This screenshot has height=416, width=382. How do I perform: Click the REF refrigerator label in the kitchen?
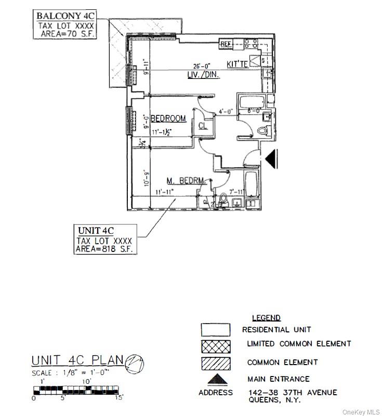(x=226, y=44)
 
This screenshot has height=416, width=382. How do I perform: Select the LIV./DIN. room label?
(x=203, y=75)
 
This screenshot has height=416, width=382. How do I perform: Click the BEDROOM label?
(x=168, y=118)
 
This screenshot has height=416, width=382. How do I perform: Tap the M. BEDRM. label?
(x=187, y=181)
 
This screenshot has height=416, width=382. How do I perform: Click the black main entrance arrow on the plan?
(x=272, y=158)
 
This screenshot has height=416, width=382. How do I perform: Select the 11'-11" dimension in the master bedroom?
(x=164, y=192)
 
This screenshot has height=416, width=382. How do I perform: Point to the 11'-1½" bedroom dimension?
(x=162, y=133)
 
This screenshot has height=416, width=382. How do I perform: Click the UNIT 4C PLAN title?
(x=77, y=360)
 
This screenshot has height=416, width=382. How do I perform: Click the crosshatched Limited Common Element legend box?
(x=216, y=344)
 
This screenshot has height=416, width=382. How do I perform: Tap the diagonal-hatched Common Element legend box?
(x=216, y=363)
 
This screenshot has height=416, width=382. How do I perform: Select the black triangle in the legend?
(x=215, y=380)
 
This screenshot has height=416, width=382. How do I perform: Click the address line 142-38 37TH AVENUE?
(x=293, y=392)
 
